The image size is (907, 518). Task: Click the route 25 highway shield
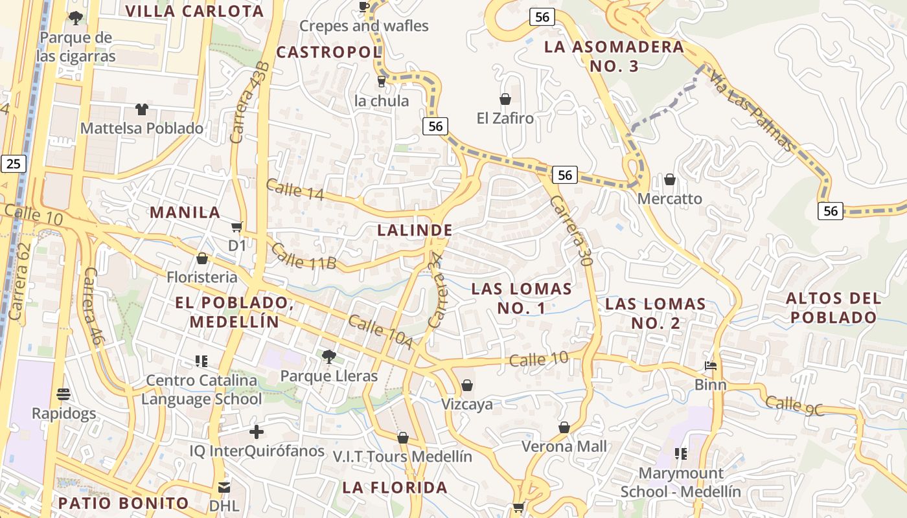(14, 163)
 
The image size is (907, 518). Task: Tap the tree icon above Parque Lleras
(329, 356)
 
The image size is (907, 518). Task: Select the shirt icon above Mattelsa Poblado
(141, 109)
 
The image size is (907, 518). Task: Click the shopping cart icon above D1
(237, 227)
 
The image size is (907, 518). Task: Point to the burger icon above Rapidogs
(63, 394)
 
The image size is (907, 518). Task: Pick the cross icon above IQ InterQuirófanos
(257, 431)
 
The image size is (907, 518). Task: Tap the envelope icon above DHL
(224, 486)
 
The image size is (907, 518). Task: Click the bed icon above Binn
(711, 366)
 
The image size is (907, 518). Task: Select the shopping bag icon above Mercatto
(670, 179)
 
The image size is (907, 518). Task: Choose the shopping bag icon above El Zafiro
(505, 99)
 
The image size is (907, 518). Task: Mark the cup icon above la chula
(382, 82)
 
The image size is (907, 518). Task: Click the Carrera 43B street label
(249, 102)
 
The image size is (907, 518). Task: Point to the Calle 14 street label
(293, 189)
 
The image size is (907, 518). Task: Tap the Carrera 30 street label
(571, 231)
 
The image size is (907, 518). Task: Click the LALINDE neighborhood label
(415, 230)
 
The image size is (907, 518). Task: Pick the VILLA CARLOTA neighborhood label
(194, 11)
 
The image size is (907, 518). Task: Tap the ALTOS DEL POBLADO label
(833, 308)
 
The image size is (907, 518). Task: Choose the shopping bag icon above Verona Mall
(564, 427)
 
